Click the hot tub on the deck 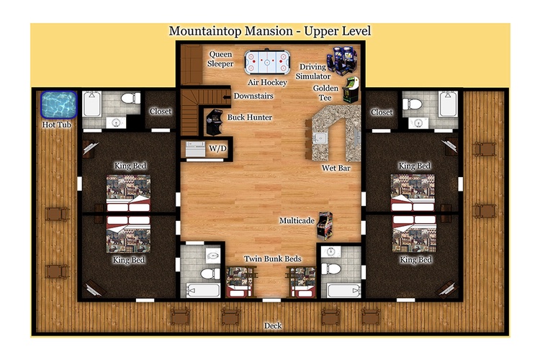coord(58,104)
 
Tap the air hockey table coord(267,63)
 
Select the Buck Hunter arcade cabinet coord(215,122)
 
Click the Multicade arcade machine coord(325,225)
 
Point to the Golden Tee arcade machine coord(351,90)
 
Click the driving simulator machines coord(341,60)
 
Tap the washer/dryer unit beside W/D coord(195,149)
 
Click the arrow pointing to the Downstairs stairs coord(227,97)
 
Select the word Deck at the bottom coord(273,325)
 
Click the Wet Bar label coord(336,168)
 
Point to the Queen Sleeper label coord(220,59)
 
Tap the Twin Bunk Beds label coord(273,258)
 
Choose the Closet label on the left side coord(160,112)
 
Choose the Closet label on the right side coord(382,112)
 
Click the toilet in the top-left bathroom coord(130,98)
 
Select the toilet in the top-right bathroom coord(413,104)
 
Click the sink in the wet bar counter coord(320,138)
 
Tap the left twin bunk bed coord(239,282)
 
